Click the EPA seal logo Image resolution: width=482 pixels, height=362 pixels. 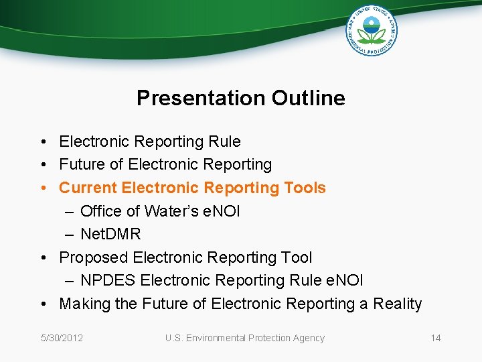tap(372, 30)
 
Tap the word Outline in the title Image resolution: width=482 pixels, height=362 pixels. tap(309, 98)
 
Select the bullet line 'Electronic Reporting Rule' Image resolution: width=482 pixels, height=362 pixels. tap(150, 141)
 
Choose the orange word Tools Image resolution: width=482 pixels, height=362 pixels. tap(303, 188)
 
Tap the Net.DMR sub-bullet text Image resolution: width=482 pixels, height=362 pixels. tap(110, 234)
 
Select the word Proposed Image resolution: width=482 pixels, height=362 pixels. tap(93, 257)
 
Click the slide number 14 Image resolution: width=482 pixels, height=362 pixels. tap(436, 338)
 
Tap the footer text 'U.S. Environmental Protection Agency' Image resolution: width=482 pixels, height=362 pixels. tap(245, 338)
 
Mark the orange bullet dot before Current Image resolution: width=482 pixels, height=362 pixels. tap(42, 188)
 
